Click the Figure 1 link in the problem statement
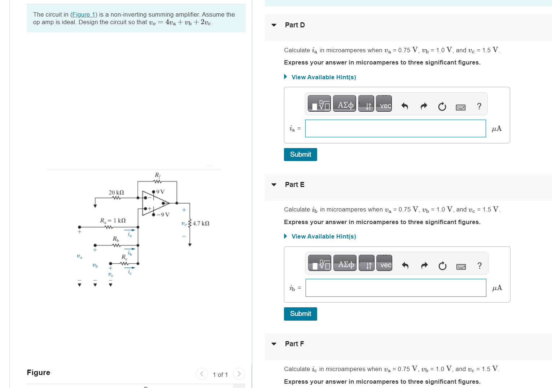pos(83,14)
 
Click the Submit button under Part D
pos(300,155)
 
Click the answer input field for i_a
pos(395,129)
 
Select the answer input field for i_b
pos(395,288)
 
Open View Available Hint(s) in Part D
pos(323,77)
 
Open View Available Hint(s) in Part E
pos(323,236)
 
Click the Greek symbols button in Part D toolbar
pos(345,105)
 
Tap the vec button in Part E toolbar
pos(385,265)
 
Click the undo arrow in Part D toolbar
pos(404,106)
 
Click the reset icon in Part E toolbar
pos(442,266)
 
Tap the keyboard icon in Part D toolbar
pos(460,107)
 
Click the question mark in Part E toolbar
pos(479,266)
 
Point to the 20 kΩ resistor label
pos(116,192)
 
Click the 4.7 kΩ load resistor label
pos(201,223)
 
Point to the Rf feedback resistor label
pos(158,175)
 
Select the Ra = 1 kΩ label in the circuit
pos(113,220)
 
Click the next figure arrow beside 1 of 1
pos(239,374)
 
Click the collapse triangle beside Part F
pos(274,344)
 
